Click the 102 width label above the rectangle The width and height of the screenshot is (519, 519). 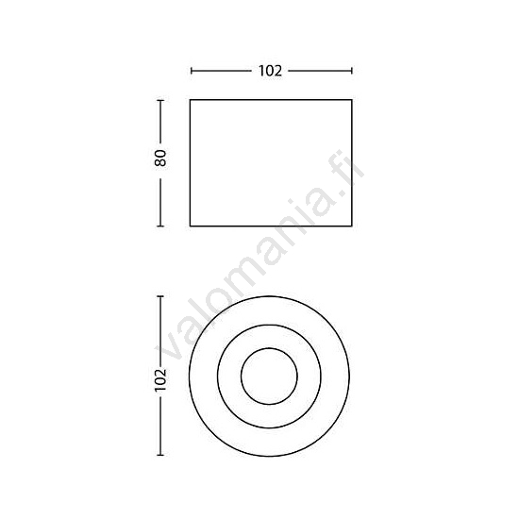[272, 71]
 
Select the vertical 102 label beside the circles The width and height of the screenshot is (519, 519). [161, 378]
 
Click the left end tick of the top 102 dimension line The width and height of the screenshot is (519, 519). [191, 71]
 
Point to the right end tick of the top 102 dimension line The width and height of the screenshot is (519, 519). [352, 71]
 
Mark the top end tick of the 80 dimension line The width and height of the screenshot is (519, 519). [161, 98]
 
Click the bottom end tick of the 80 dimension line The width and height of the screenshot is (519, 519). [161, 226]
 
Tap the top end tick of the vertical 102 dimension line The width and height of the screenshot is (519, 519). [161, 297]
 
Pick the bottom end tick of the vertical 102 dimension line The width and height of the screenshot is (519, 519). [161, 459]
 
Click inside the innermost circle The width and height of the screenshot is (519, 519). [271, 378]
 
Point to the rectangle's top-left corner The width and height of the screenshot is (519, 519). [191, 98]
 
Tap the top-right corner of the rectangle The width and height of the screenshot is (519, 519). [352, 98]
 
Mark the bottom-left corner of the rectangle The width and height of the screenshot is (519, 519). [191, 226]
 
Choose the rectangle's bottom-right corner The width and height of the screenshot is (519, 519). [352, 226]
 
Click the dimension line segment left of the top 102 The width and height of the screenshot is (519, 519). [222, 71]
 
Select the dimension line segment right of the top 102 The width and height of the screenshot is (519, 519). [321, 71]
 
